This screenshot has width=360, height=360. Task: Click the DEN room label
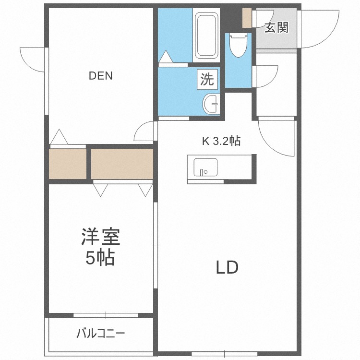100,76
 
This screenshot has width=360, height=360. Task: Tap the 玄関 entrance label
276,28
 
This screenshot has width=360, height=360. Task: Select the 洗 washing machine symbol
207,79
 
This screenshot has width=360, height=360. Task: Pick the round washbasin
211,103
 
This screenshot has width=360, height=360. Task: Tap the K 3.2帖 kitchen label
220,141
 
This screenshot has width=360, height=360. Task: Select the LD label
226,268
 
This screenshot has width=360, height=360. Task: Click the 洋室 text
100,237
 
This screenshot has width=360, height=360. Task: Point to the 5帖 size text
100,259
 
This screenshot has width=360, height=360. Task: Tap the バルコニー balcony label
100,333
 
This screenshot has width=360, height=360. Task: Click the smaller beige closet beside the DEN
68,164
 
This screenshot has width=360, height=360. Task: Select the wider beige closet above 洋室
122,164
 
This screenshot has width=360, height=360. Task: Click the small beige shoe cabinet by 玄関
247,18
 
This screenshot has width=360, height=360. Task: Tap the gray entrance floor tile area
276,38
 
